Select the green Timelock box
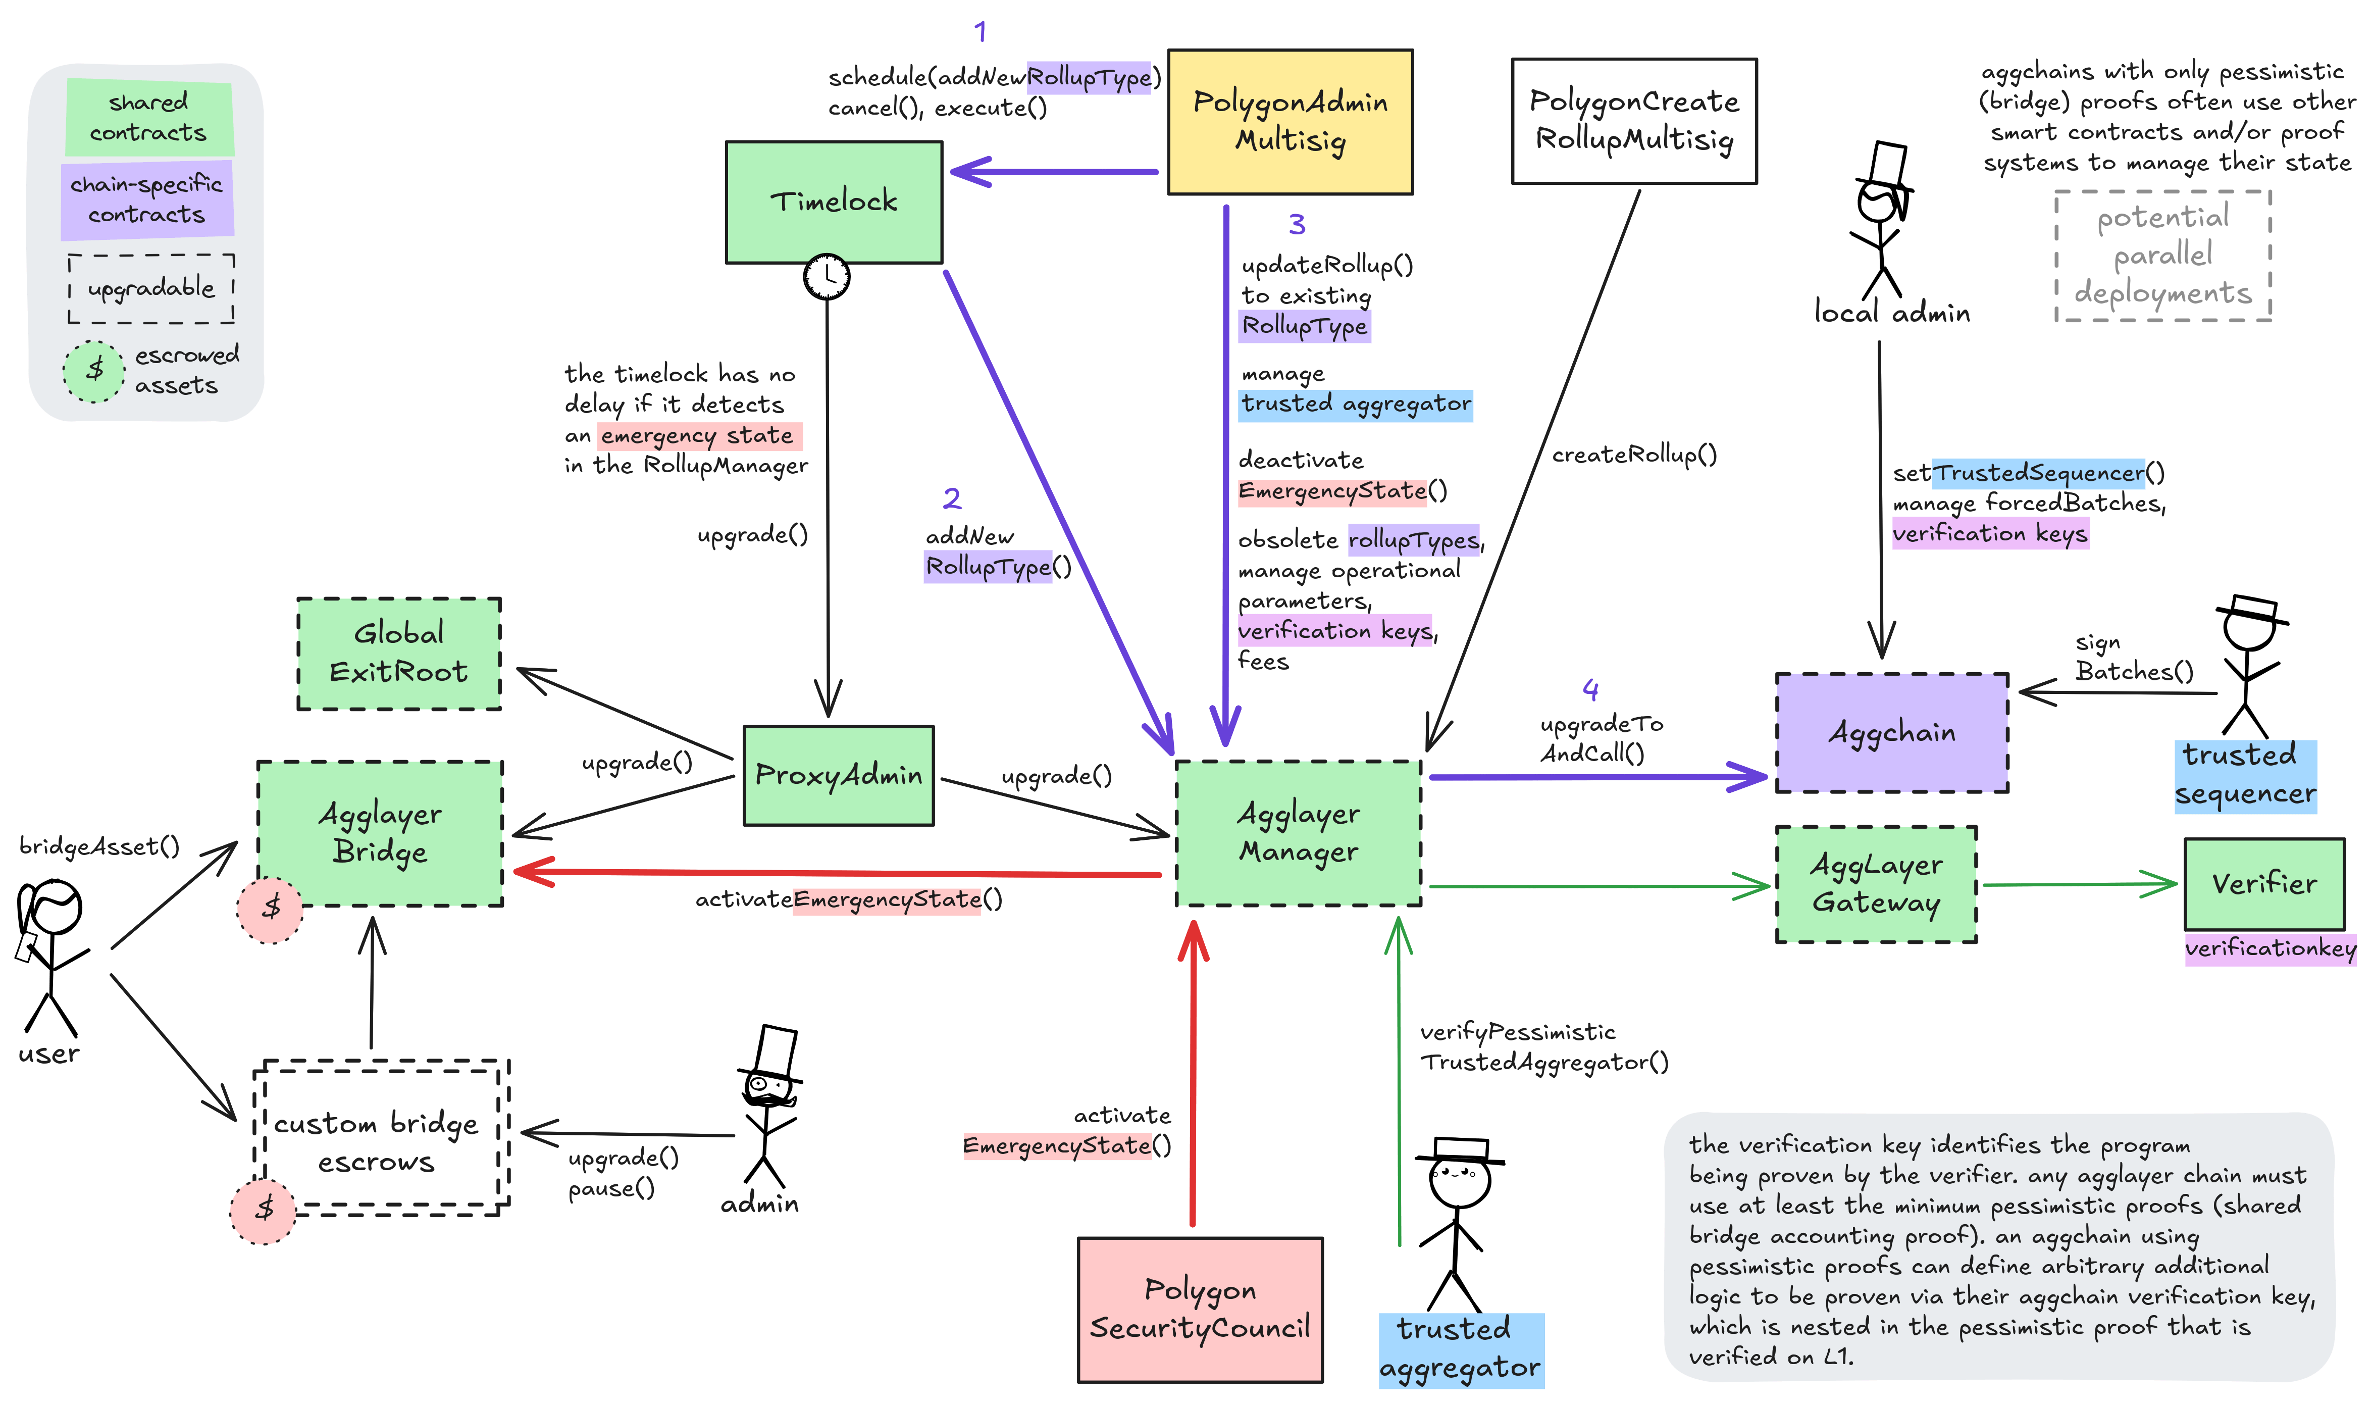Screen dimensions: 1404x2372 click(x=833, y=202)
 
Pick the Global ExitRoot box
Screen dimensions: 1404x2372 click(x=398, y=653)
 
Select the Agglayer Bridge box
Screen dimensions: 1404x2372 click(x=380, y=833)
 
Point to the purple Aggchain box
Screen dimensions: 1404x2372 click(x=1891, y=732)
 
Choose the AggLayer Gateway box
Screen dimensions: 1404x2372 click(x=1876, y=884)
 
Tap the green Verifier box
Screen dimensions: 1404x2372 click(x=2264, y=884)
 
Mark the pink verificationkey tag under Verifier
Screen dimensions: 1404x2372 click(x=2270, y=948)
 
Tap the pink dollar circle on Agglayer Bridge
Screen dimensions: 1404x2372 click(x=271, y=908)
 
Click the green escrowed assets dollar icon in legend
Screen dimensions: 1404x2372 click(x=93, y=370)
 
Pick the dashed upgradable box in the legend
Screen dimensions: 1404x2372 click(x=151, y=287)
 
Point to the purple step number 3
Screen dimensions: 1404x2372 click(x=1297, y=224)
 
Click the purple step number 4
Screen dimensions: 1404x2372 click(x=1591, y=690)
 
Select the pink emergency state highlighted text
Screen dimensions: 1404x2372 click(x=699, y=436)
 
